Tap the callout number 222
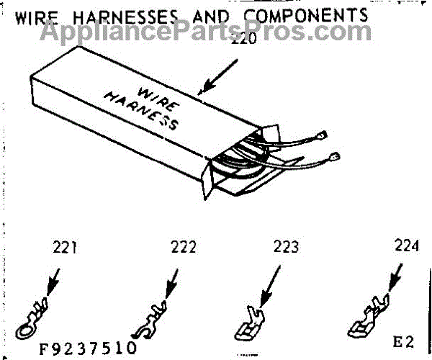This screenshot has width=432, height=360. pyautogui.click(x=184, y=248)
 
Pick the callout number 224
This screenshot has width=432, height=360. pyautogui.click(x=406, y=245)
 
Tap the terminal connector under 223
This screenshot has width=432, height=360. pyautogui.click(x=248, y=324)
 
